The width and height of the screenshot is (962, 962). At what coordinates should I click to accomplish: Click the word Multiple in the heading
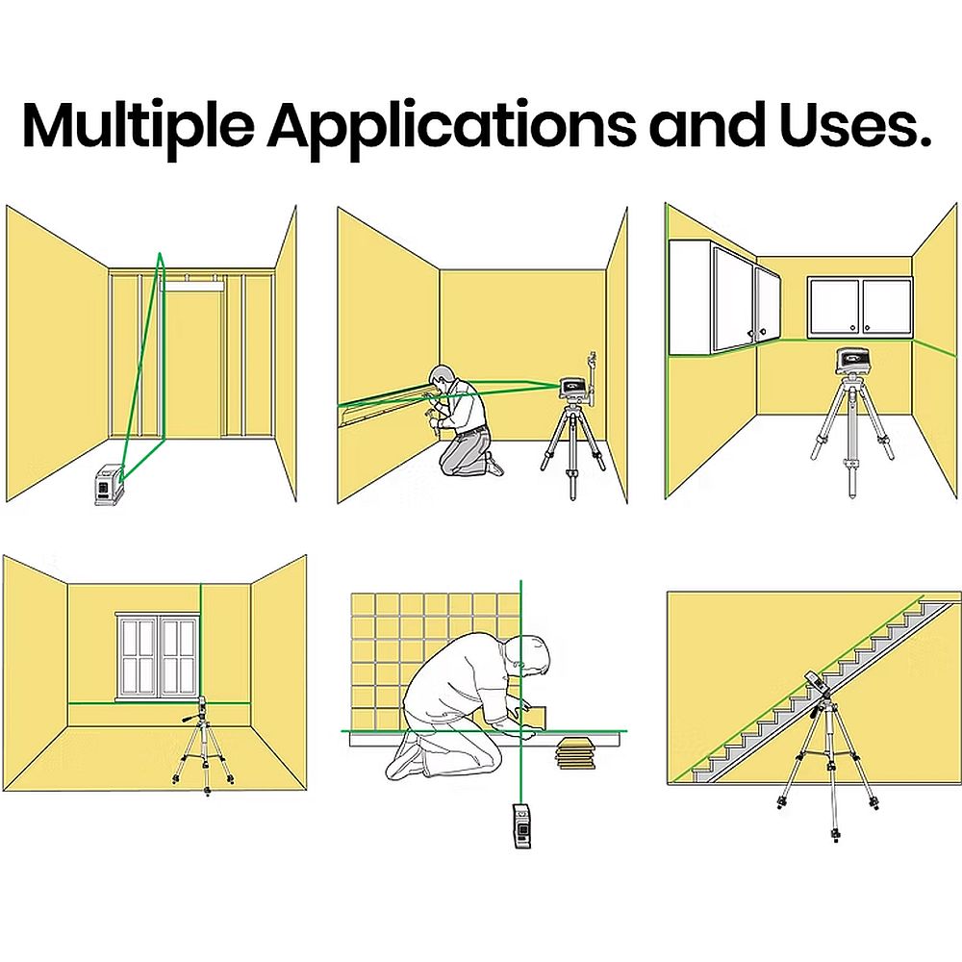139,126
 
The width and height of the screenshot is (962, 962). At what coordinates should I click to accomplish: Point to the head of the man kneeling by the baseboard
442,377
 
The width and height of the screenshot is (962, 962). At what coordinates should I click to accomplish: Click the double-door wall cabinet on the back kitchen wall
859,308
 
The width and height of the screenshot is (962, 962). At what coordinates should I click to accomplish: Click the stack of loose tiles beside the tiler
576,753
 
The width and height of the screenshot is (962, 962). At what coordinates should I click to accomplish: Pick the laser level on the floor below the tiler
521,825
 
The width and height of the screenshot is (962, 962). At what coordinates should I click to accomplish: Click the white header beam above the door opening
192,285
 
